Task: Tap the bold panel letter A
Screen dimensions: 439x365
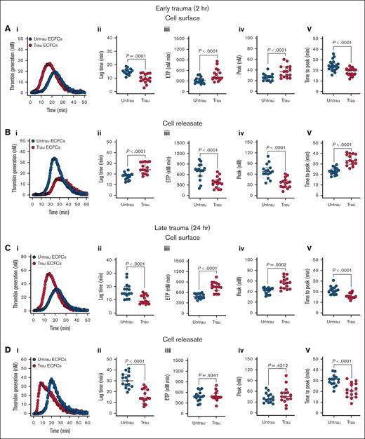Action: point(6,29)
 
